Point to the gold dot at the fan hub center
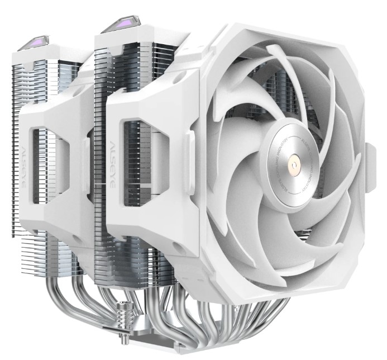point(294,165)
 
